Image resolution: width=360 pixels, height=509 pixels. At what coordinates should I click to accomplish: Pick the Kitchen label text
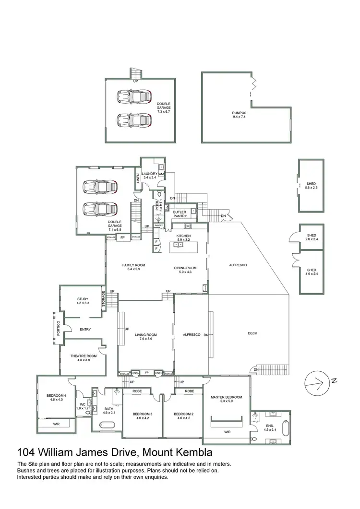(183, 237)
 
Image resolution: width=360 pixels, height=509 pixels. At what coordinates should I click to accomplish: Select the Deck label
(252, 333)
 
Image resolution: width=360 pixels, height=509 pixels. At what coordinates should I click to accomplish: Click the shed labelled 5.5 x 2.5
(311, 186)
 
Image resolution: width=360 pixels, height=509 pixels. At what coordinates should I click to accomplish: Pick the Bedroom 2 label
(183, 414)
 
